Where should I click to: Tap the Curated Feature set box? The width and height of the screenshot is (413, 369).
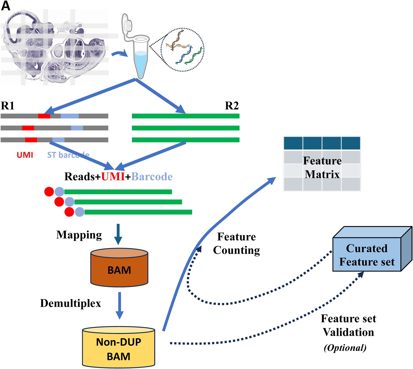pyautogui.click(x=367, y=255)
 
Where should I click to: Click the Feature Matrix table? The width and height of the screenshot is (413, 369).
pyautogui.click(x=322, y=164)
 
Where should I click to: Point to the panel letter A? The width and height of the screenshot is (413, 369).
pyautogui.click(x=6, y=6)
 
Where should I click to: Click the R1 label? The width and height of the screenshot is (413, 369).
pyautogui.click(x=7, y=106)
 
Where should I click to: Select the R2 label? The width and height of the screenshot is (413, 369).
pyautogui.click(x=232, y=106)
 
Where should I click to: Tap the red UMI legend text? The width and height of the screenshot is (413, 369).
pyautogui.click(x=25, y=155)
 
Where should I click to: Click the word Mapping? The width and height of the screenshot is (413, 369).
pyautogui.click(x=79, y=235)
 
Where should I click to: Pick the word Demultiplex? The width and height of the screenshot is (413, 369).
pyautogui.click(x=70, y=303)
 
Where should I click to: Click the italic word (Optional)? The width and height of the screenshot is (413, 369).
pyautogui.click(x=345, y=348)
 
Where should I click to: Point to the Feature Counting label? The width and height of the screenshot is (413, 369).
pyautogui.click(x=237, y=243)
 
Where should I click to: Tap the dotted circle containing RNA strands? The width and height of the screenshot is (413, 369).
pyautogui.click(x=183, y=50)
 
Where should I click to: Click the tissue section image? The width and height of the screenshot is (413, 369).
pyautogui.click(x=55, y=47)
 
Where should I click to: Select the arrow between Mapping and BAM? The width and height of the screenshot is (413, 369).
pyautogui.click(x=118, y=234)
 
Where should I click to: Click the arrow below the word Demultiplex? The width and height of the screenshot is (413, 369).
pyautogui.click(x=119, y=305)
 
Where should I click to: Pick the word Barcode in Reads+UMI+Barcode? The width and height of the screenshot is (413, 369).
pyautogui.click(x=152, y=177)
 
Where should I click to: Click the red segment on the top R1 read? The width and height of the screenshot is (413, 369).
pyautogui.click(x=44, y=116)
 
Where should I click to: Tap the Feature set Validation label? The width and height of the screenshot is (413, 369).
pyautogui.click(x=348, y=325)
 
